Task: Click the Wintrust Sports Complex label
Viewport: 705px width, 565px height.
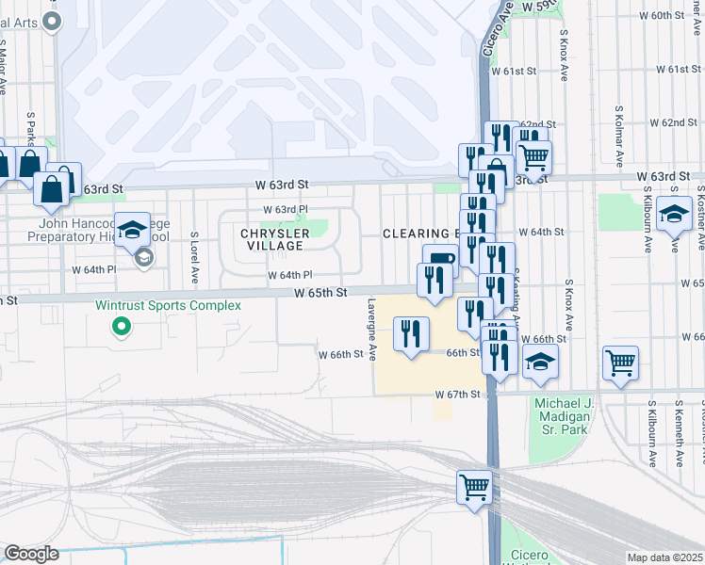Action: [168, 306]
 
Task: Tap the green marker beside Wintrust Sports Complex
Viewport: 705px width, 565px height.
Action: [121, 327]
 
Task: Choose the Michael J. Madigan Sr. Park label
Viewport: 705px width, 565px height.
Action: [561, 416]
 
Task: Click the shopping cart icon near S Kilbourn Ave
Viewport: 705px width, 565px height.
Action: [620, 363]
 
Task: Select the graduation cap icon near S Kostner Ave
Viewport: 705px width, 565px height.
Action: [674, 216]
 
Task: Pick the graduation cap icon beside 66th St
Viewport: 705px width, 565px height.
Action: [540, 363]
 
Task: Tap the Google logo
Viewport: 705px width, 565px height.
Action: [31, 554]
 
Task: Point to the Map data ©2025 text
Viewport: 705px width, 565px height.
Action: [664, 557]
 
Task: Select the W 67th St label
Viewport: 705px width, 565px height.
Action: [458, 394]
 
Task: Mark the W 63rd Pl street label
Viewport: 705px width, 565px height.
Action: [286, 209]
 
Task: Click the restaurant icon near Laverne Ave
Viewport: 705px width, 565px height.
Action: [411, 335]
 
